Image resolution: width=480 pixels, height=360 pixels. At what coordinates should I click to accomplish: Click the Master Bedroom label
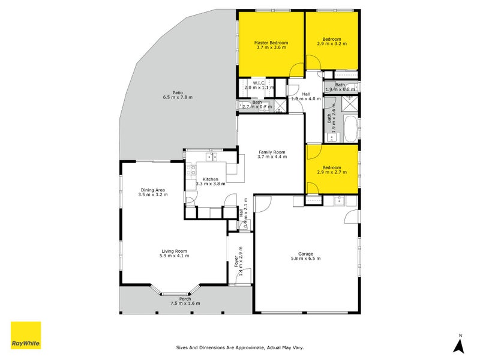point(271,43)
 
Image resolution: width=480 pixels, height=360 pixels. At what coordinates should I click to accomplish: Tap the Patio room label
point(177,92)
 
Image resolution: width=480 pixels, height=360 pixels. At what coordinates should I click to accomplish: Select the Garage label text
point(306,253)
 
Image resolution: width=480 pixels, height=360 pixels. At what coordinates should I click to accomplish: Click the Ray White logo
point(26,336)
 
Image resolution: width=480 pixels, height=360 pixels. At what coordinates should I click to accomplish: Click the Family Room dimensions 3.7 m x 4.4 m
point(272,157)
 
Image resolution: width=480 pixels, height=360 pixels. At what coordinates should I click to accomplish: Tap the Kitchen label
point(210,179)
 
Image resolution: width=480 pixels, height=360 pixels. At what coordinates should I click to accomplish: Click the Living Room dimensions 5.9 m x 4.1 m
point(174,256)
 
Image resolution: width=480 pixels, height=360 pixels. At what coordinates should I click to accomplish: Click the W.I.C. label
point(259,83)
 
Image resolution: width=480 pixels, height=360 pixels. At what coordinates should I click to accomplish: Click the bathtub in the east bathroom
point(350,128)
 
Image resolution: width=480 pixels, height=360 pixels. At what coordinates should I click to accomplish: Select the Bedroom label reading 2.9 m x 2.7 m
point(331,167)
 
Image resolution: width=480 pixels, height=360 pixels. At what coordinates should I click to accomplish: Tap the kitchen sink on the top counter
point(210,157)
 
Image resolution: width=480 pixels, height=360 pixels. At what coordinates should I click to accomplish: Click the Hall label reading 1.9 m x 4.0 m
point(306,94)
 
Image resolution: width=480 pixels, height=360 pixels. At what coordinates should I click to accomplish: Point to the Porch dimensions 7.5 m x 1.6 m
point(185,304)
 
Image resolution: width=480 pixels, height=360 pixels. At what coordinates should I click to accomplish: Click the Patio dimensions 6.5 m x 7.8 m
point(177,97)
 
